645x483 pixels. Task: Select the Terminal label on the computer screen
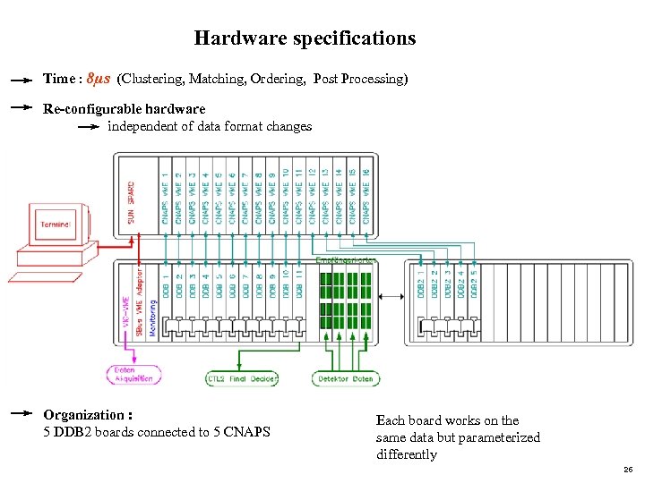pos(57,224)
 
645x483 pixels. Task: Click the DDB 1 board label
pos(166,285)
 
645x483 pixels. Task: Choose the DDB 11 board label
pos(298,285)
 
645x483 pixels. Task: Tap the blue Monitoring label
pos(153,317)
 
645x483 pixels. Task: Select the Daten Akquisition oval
pos(133,374)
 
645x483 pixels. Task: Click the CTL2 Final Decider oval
pos(241,379)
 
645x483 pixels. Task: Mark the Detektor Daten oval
pos(345,379)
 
